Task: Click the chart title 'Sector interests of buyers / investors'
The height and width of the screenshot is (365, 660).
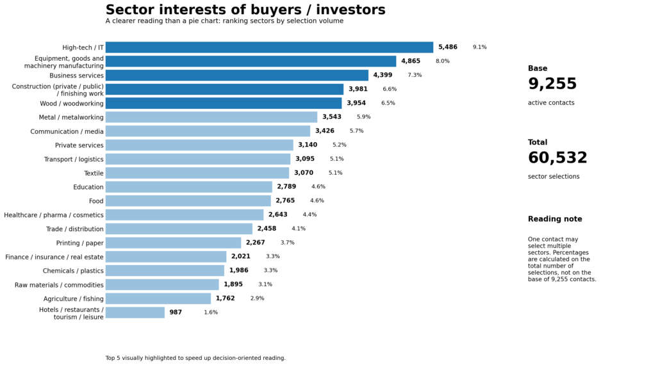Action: point(245,10)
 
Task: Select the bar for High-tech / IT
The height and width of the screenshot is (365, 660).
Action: point(269,47)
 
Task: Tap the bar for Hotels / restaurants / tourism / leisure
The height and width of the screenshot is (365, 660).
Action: point(135,312)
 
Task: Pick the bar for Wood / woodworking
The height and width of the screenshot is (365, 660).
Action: point(223,103)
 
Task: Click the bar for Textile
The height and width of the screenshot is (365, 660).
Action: point(197,173)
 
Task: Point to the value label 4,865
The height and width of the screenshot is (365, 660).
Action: point(411,61)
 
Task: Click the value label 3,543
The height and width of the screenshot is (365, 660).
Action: point(332,117)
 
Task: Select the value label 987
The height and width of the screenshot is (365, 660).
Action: point(176,312)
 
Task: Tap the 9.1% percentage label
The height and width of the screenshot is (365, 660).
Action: point(479,47)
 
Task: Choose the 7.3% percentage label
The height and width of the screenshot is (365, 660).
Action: point(415,76)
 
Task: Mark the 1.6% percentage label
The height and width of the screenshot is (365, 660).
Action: point(211,312)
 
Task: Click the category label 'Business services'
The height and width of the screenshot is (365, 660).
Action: point(76,76)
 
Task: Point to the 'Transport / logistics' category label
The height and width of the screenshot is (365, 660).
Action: point(74,159)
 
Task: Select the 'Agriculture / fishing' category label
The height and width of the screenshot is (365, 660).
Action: point(73,299)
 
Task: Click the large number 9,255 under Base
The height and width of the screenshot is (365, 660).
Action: point(552,85)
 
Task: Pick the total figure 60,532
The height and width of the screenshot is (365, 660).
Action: point(557,158)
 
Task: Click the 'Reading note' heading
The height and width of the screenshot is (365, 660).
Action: point(555,219)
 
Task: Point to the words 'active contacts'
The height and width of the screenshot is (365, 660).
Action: point(551,103)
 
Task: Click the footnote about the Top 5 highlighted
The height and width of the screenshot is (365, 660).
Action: point(195,358)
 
